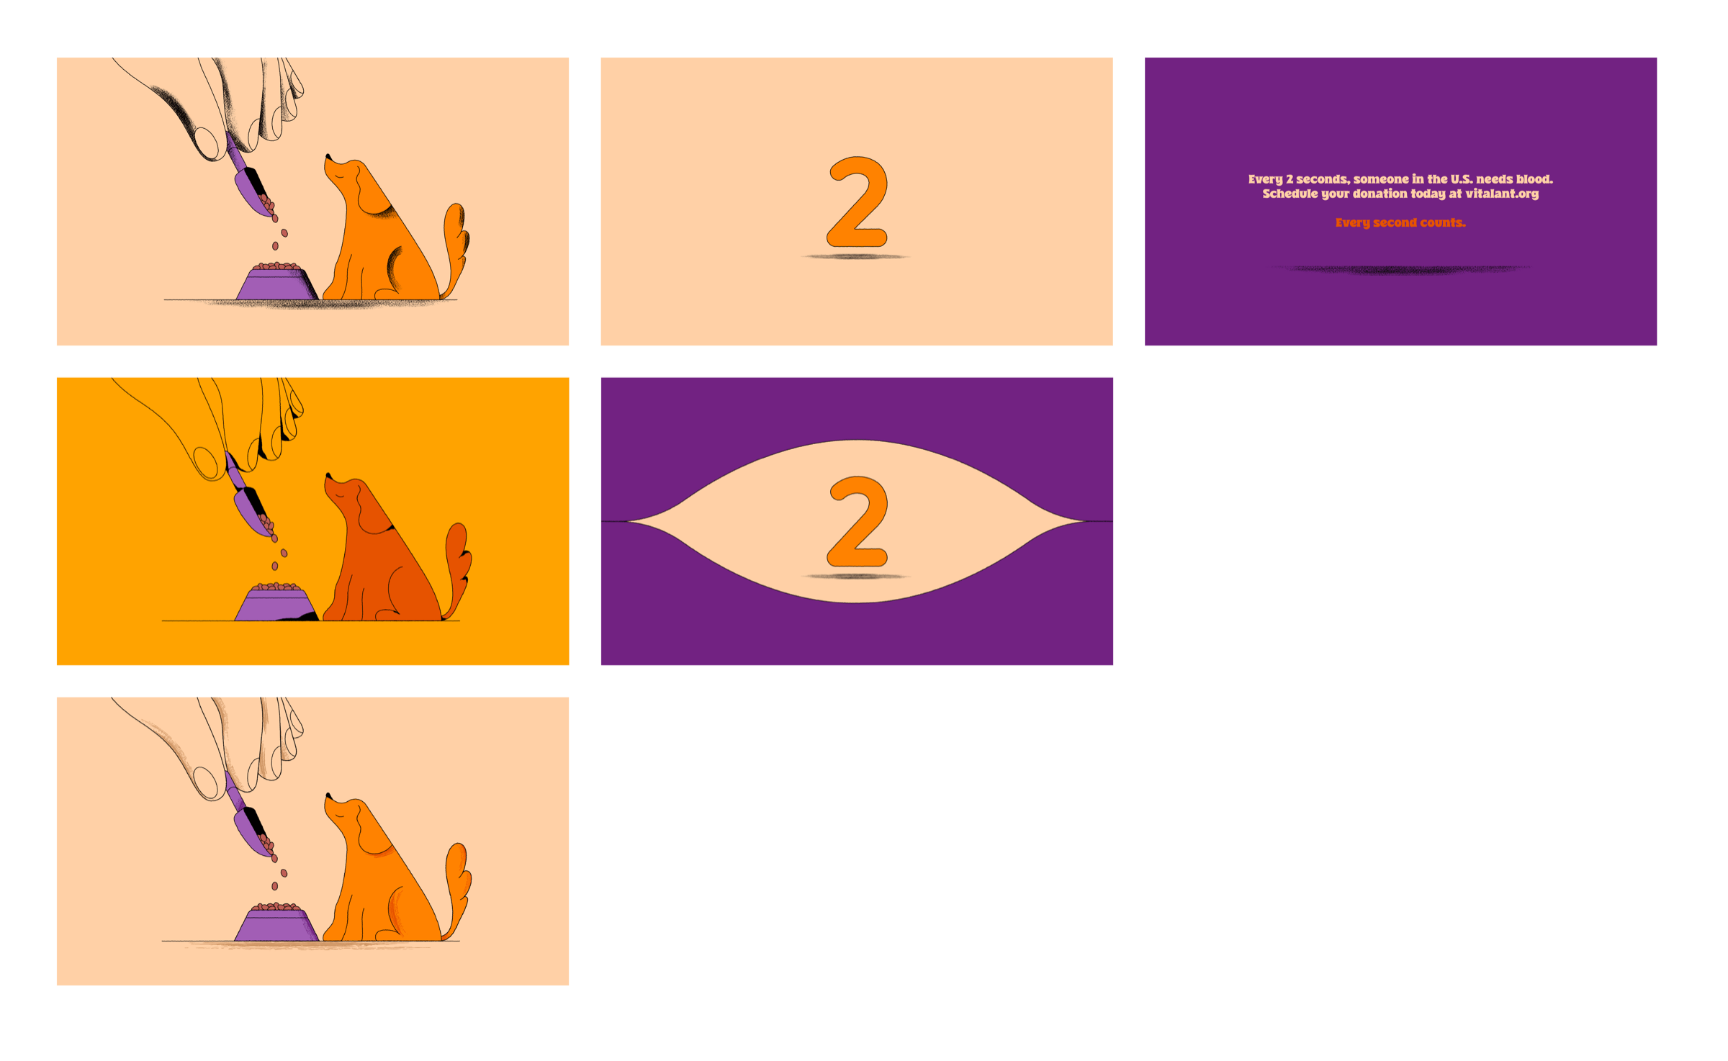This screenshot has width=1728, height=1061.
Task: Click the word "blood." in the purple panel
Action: (x=1534, y=179)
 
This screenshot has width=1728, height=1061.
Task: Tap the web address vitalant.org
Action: (x=1502, y=194)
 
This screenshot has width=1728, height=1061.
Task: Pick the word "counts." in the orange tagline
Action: (x=1443, y=223)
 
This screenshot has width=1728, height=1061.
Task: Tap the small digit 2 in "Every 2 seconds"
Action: (x=1290, y=179)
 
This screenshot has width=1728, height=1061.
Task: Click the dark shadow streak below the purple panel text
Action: (x=1400, y=270)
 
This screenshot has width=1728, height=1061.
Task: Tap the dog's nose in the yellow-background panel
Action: (x=328, y=476)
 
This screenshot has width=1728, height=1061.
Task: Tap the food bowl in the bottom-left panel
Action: (x=276, y=924)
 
